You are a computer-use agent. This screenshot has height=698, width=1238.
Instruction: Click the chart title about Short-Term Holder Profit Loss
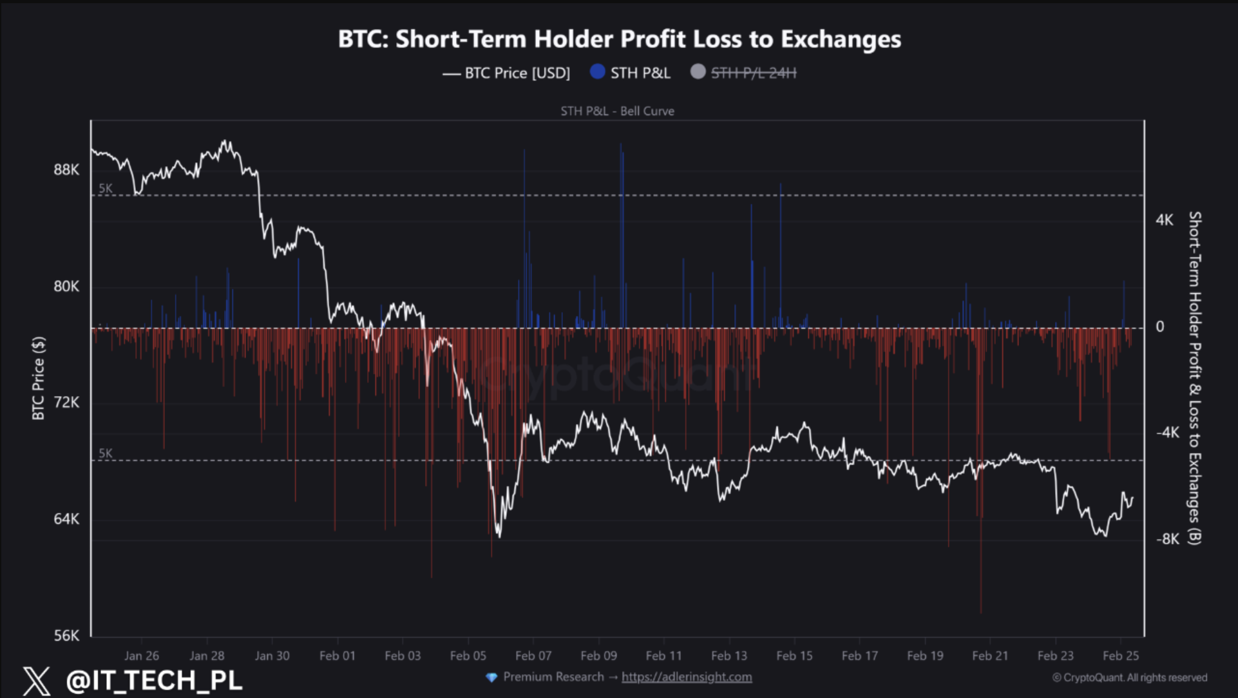click(619, 39)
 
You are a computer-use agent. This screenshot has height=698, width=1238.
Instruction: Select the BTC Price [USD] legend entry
click(506, 73)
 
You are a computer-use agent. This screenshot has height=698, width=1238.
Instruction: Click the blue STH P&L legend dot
click(597, 72)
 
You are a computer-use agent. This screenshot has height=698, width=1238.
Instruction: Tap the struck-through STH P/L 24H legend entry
click(753, 73)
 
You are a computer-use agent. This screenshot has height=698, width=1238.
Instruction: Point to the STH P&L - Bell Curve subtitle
click(617, 111)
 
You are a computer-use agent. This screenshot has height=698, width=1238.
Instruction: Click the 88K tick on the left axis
click(66, 170)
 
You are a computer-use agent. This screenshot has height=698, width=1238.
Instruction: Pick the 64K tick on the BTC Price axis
click(66, 519)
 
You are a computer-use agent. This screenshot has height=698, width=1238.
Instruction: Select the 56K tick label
click(66, 636)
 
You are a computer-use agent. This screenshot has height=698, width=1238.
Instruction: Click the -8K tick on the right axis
click(1167, 539)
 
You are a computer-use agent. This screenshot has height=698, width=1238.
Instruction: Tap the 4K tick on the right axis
click(1165, 220)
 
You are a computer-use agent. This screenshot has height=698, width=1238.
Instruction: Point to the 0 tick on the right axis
click(1160, 327)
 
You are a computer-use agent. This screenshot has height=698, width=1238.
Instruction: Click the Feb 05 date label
click(468, 656)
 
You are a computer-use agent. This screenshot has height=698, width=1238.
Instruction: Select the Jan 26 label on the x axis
click(142, 656)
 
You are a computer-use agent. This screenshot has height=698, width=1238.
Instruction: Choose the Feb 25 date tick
click(1121, 656)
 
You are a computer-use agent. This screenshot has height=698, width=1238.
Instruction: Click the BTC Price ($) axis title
click(39, 378)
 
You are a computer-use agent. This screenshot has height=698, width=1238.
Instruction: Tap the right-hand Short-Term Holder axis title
click(1195, 378)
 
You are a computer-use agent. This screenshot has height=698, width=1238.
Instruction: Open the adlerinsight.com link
click(687, 677)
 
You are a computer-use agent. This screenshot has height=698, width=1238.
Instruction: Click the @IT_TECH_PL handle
click(154, 681)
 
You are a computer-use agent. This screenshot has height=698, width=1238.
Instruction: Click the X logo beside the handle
click(36, 681)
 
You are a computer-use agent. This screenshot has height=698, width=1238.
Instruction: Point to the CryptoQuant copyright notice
click(1130, 677)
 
